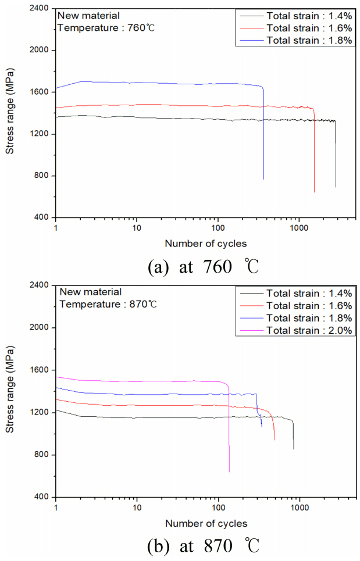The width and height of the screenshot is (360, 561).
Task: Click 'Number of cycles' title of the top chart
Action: (206, 243)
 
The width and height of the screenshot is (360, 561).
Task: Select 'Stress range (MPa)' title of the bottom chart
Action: (10, 391)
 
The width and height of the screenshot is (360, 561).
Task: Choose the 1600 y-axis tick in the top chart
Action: (40, 92)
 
